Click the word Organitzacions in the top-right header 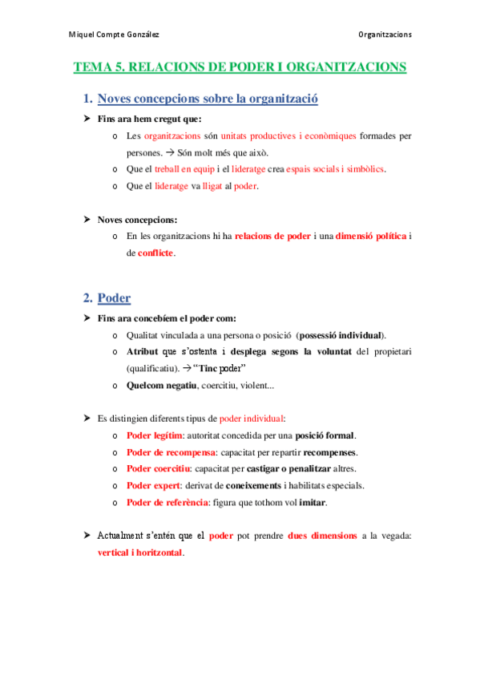tap(385, 34)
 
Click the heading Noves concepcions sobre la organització tap(208, 99)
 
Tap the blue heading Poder tap(114, 298)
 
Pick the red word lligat tap(213, 186)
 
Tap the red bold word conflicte tap(155, 253)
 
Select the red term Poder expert tap(153, 486)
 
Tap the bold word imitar tap(313, 503)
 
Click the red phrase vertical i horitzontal tap(135, 553)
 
